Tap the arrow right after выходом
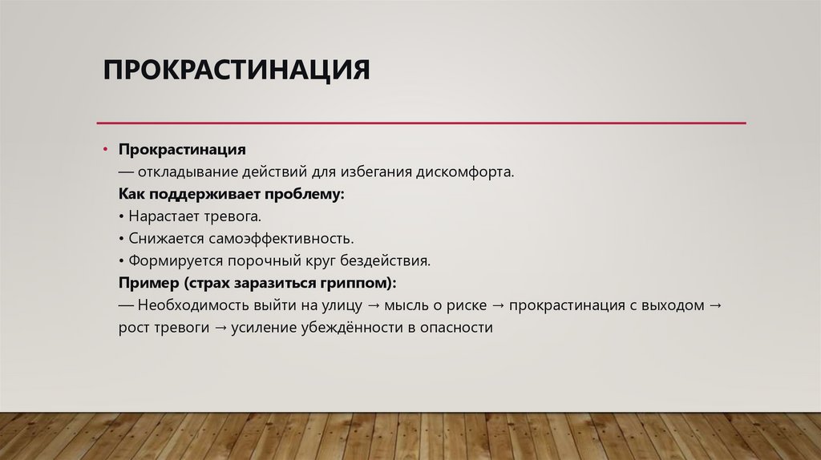[x=715, y=306]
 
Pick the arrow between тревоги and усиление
[x=220, y=329]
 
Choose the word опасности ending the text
[x=455, y=329]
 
